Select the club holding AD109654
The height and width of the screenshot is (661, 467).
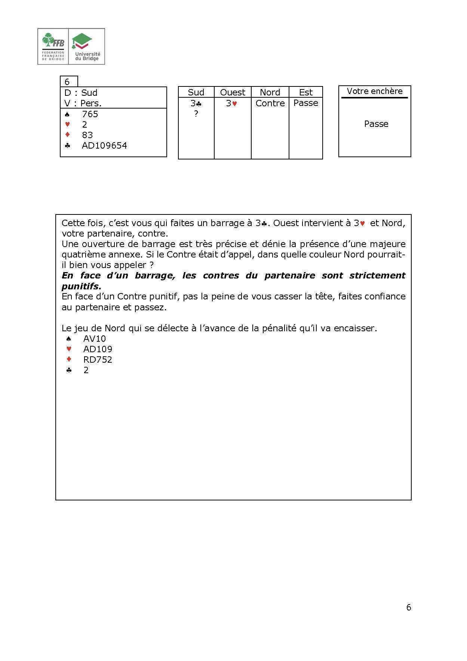104,146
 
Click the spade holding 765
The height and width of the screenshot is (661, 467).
90,114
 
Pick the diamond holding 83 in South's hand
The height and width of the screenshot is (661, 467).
87,135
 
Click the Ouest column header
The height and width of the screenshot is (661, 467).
233,92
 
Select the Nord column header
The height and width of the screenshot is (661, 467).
270,92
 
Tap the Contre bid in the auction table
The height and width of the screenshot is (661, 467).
270,103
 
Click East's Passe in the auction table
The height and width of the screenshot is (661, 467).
305,103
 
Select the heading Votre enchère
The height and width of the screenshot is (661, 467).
374,91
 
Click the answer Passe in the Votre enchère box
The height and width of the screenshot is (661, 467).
376,124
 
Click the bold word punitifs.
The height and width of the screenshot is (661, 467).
81,286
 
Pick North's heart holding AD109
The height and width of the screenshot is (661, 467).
97,349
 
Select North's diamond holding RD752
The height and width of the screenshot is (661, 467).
97,360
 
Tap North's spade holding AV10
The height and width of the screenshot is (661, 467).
95,339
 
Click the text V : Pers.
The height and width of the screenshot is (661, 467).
83,103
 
